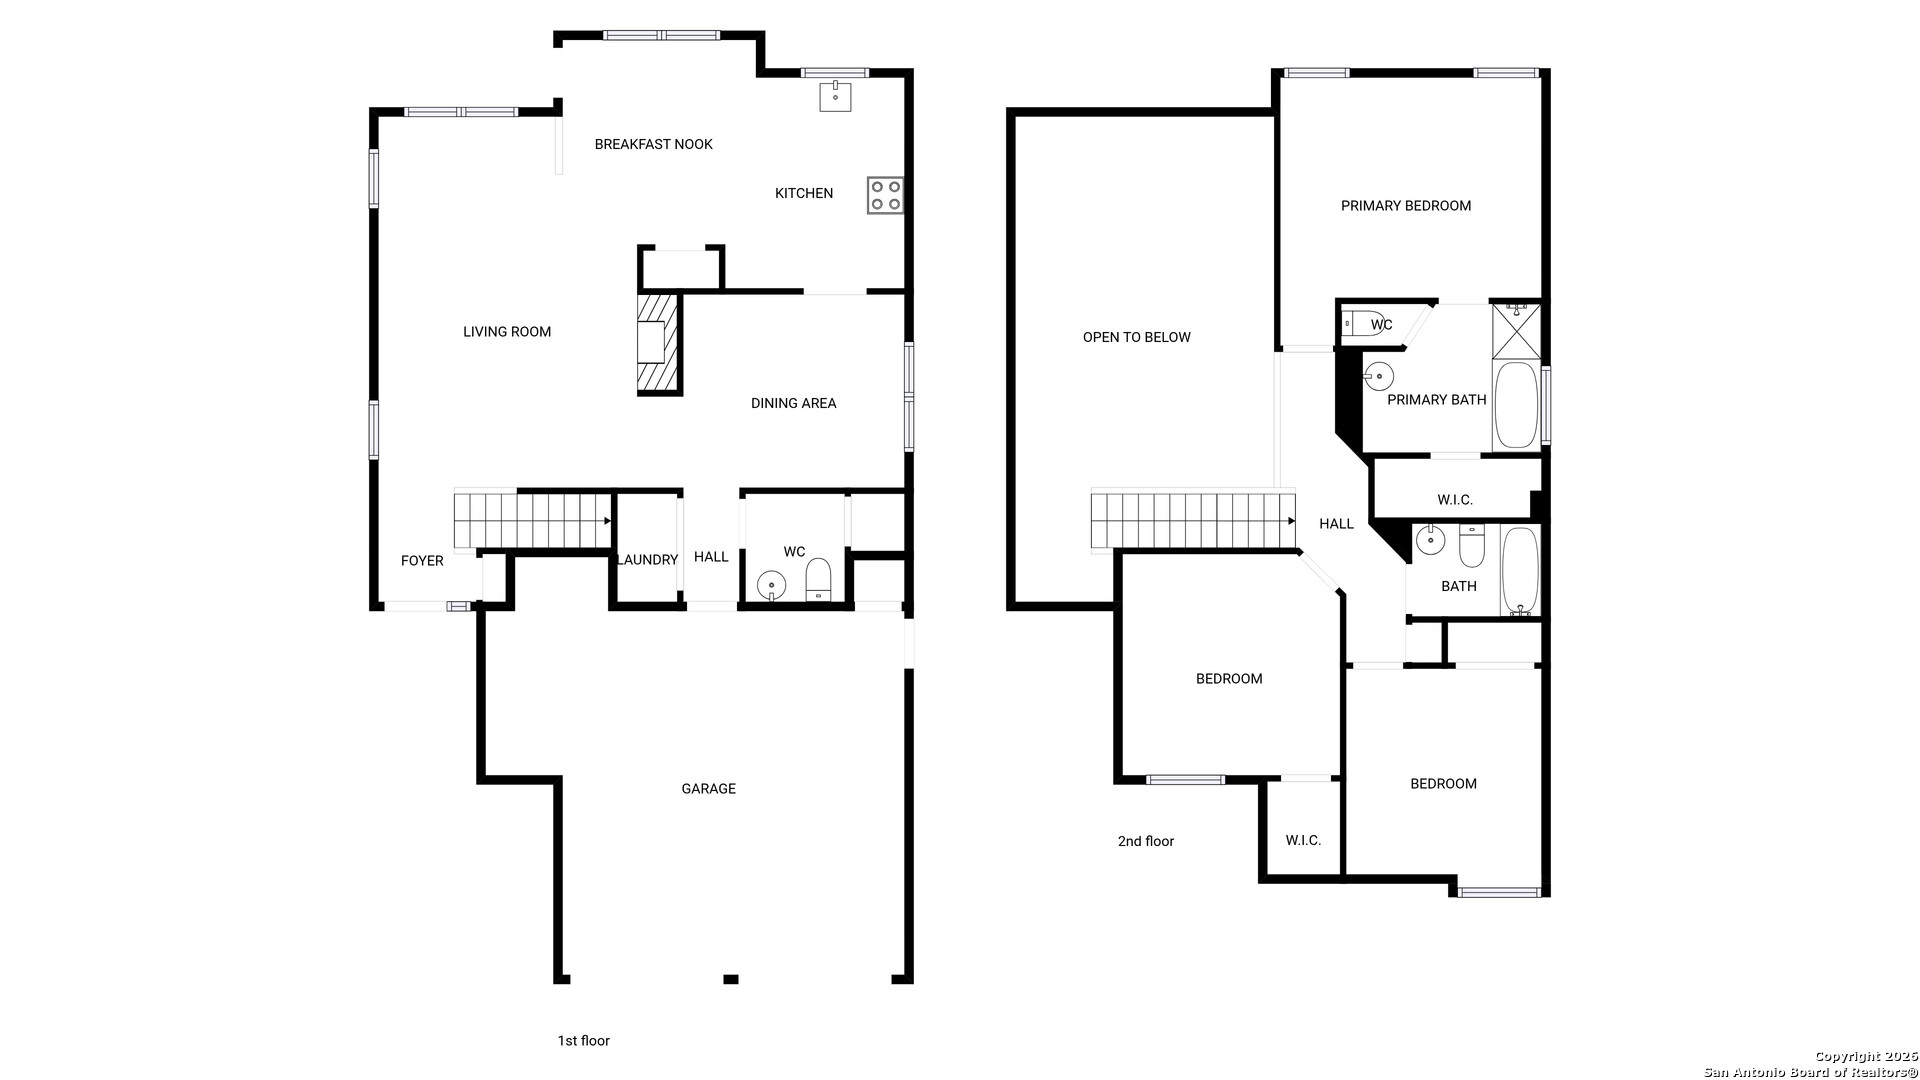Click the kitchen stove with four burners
(x=885, y=195)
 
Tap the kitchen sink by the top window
(x=835, y=96)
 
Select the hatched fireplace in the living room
(x=659, y=342)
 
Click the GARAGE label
(x=709, y=789)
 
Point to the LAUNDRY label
(x=648, y=560)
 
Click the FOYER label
(x=422, y=561)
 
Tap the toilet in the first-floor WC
(x=818, y=581)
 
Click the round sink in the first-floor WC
(x=772, y=583)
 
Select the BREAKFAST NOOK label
(x=654, y=144)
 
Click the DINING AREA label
(x=794, y=403)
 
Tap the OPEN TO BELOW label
(x=1137, y=337)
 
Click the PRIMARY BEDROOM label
(x=1406, y=206)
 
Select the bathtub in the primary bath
(x=1516, y=405)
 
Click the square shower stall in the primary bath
(x=1516, y=331)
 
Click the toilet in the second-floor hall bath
(x=1471, y=546)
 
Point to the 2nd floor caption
(x=1146, y=841)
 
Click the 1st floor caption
(x=584, y=1041)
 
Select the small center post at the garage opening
(x=731, y=979)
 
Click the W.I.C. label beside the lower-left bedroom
(x=1303, y=840)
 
